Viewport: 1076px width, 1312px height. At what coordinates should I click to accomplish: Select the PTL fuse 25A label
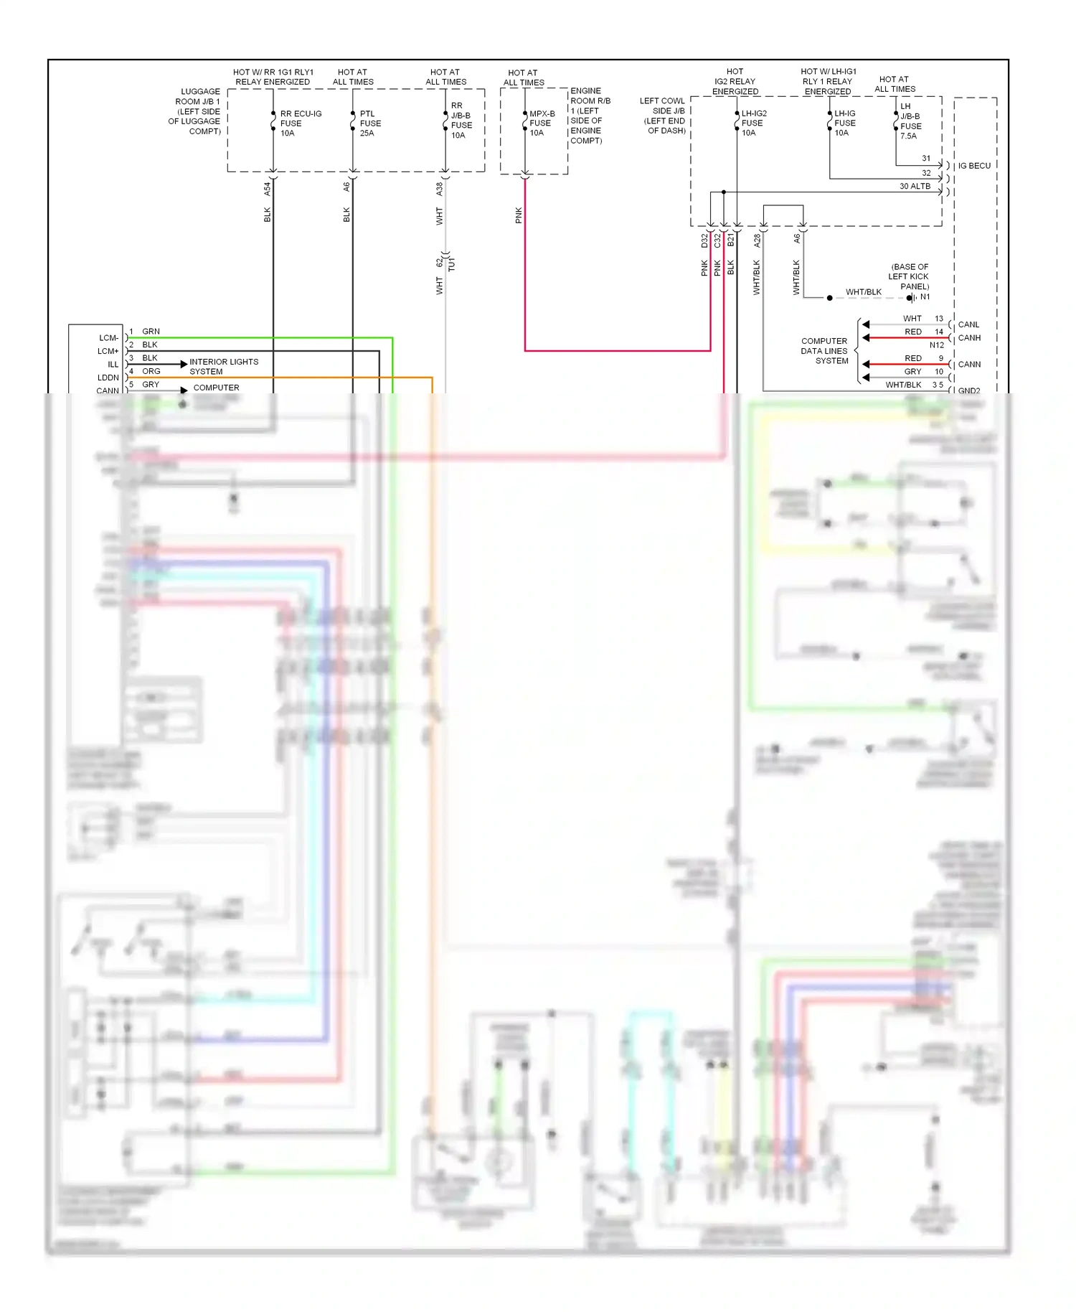click(x=370, y=123)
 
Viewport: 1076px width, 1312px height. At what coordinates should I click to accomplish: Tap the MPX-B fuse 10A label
click(x=542, y=123)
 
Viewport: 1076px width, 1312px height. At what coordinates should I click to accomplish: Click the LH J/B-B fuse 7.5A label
click(x=910, y=121)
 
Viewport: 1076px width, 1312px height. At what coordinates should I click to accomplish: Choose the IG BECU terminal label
click(x=974, y=166)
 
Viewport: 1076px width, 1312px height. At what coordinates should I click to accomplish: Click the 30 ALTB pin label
click(x=915, y=187)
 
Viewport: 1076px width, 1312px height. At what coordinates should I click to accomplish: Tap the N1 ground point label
click(x=925, y=297)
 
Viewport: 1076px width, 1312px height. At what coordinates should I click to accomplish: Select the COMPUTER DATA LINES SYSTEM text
click(x=824, y=351)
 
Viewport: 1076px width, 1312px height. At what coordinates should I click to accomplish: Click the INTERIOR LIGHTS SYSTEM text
click(x=223, y=367)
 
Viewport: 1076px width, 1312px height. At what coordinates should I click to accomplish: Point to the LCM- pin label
click(x=109, y=338)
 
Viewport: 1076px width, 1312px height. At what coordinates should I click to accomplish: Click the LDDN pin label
click(x=108, y=378)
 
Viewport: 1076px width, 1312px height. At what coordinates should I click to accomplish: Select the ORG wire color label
click(x=151, y=371)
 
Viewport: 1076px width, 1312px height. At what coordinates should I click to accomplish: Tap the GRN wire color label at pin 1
click(x=151, y=332)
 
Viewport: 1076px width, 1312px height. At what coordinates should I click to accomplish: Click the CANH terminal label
click(x=969, y=338)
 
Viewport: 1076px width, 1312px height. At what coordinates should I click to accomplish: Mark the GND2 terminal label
click(x=969, y=390)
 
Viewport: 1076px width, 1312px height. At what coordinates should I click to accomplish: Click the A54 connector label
click(x=267, y=189)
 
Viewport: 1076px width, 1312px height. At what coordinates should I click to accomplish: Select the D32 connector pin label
click(x=704, y=240)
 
